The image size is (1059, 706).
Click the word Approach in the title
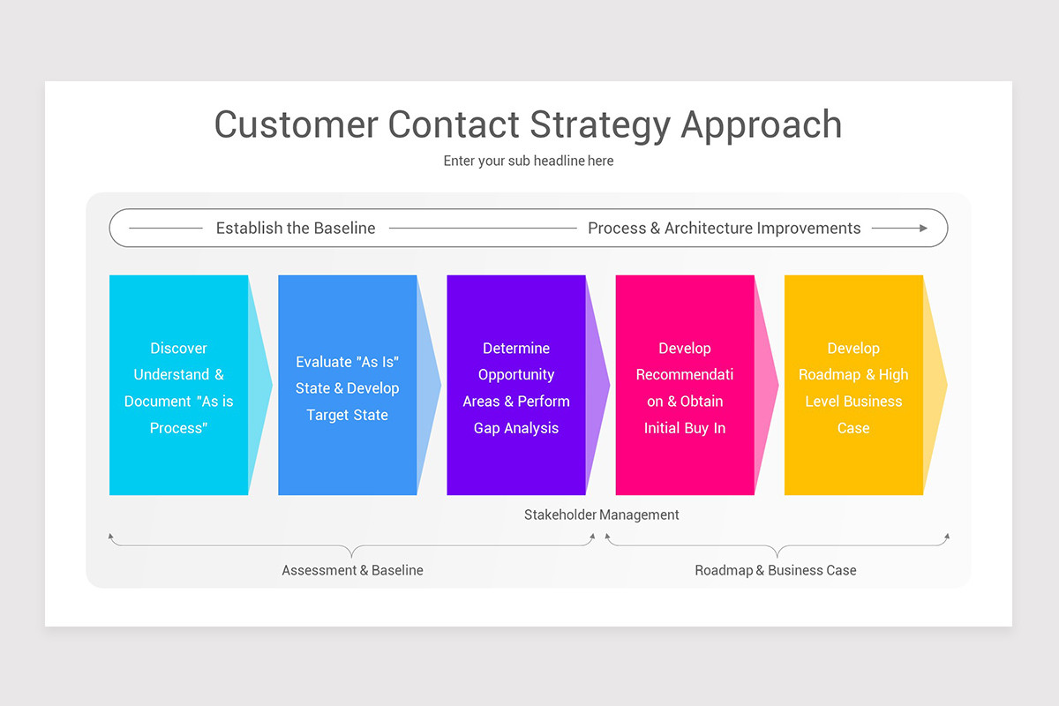761,124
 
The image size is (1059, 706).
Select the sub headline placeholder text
528,161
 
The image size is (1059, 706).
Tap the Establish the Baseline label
296,229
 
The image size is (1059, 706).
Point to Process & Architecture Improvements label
724,229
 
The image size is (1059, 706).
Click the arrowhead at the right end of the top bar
923,228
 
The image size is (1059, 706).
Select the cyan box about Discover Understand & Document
178,385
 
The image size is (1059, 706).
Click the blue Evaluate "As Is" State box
347,385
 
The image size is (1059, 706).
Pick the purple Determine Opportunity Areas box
516,385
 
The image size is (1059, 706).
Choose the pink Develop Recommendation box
685,385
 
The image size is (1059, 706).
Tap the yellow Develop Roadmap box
853,385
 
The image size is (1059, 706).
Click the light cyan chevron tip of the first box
261,385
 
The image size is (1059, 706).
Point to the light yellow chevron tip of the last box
935,385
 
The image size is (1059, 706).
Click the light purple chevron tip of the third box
598,385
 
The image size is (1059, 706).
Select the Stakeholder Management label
602,514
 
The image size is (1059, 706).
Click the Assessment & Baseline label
352,570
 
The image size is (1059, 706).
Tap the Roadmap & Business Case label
776,570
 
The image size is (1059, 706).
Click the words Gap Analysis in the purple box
516,428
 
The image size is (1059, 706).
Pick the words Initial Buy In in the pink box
685,428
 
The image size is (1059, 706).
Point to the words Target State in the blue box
347,415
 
